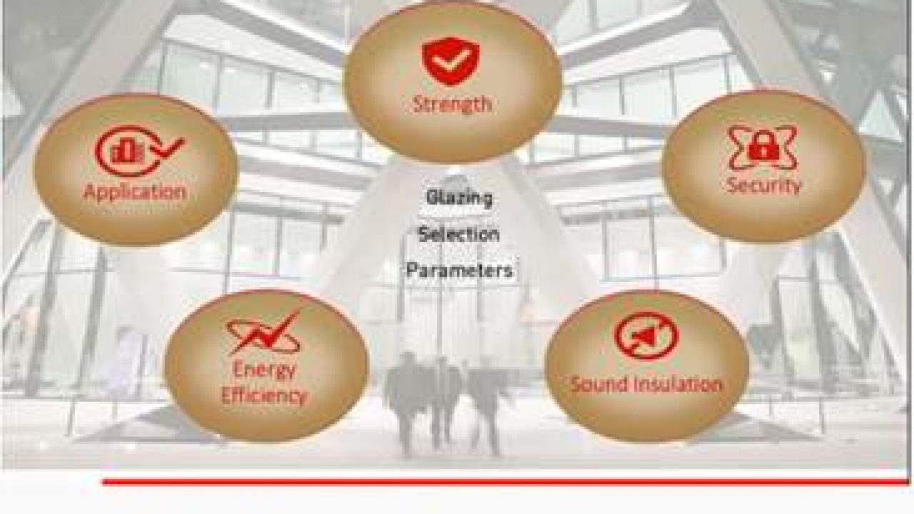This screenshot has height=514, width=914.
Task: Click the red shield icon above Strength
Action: [x=451, y=61]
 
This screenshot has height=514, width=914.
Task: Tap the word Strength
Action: [x=452, y=104]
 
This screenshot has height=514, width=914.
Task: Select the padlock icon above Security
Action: [x=762, y=147]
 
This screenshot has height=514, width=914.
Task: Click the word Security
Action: [x=763, y=185]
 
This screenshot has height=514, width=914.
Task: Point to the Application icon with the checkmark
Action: [x=139, y=151]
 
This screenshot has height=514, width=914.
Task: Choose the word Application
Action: [x=135, y=192]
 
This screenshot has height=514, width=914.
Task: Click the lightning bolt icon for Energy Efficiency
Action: [x=264, y=333]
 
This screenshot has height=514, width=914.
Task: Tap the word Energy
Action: [x=264, y=371]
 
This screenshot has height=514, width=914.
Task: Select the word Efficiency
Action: [x=263, y=395]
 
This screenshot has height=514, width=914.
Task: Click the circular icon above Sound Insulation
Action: [x=646, y=336]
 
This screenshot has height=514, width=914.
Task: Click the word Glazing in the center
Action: [x=459, y=198]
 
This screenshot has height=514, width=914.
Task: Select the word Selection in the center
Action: [x=458, y=234]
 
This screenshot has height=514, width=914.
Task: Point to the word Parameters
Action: [x=459, y=271]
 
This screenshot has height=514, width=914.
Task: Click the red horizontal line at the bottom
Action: [x=505, y=482]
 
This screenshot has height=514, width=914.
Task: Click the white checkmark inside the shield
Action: [x=451, y=61]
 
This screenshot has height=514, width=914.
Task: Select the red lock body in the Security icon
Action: [x=762, y=151]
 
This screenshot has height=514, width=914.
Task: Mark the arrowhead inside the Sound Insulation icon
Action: [x=644, y=335]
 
